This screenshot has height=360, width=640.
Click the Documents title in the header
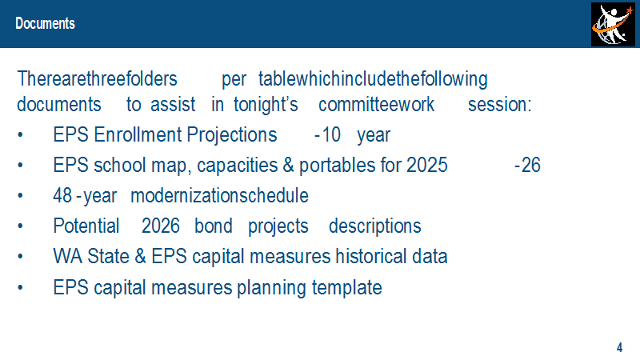click(x=46, y=24)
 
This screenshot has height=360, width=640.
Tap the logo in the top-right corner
click(x=613, y=24)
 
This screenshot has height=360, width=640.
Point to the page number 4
click(x=619, y=347)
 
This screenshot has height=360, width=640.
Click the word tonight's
click(x=266, y=105)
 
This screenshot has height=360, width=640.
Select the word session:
click(x=499, y=105)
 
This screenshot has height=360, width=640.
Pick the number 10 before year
click(x=331, y=135)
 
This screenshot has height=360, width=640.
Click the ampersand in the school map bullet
click(x=288, y=166)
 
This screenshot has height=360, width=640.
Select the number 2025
click(x=427, y=166)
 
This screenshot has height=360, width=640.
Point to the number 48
click(x=62, y=196)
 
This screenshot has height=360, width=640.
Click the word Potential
click(x=86, y=226)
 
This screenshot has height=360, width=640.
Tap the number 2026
click(x=161, y=226)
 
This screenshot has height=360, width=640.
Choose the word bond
click(x=213, y=226)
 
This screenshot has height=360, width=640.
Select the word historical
click(x=371, y=257)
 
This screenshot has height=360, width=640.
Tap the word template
click(x=347, y=288)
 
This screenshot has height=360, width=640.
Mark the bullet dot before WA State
click(x=21, y=256)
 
